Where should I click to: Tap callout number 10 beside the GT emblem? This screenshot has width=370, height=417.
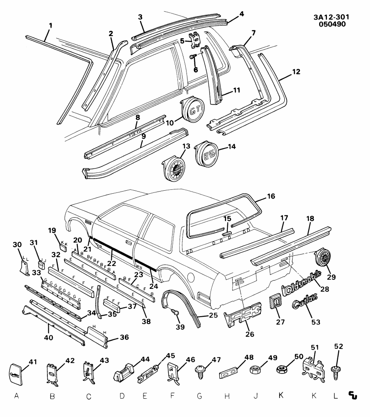click(x=170, y=123)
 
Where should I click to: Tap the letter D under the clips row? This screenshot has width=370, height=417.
click(x=122, y=396)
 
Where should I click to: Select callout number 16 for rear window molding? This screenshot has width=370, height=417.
click(x=270, y=197)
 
